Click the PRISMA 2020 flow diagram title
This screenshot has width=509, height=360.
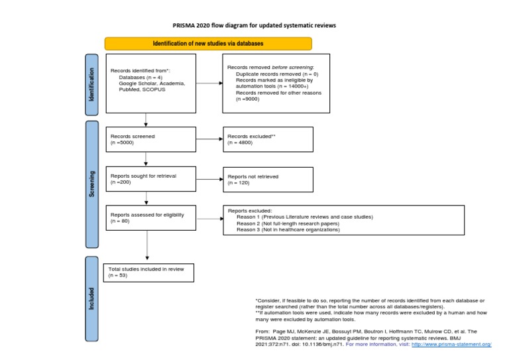point(254,25)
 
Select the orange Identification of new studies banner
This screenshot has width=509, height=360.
point(208,44)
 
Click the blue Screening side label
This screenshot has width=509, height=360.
point(92,184)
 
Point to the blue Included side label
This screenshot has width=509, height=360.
point(92,298)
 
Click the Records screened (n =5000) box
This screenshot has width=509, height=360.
point(150,139)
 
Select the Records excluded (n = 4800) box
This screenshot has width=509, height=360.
point(268,139)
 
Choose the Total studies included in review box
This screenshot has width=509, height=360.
point(149,272)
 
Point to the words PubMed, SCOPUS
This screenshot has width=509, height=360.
point(142,90)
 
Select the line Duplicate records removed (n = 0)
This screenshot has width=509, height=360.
point(276,74)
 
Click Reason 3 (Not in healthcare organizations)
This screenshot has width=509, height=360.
point(288,230)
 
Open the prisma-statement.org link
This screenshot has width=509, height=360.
point(451,345)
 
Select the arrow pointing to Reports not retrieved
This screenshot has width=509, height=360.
point(209,179)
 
